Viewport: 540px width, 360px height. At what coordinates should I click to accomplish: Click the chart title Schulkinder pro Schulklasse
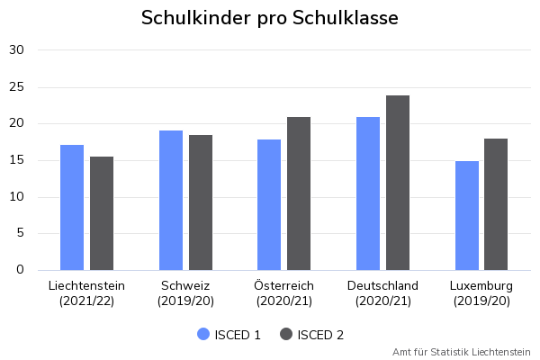click(269, 18)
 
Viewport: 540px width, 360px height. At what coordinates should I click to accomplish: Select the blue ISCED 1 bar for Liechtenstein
click(72, 207)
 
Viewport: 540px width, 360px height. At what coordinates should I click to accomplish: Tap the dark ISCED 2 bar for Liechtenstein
click(102, 213)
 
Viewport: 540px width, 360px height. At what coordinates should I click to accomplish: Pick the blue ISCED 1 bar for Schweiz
click(171, 200)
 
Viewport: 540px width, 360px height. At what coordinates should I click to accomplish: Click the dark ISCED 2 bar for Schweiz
click(201, 202)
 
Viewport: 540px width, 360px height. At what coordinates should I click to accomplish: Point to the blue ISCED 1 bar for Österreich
click(269, 204)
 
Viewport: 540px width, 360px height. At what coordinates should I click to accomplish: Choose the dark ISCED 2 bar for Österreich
click(299, 193)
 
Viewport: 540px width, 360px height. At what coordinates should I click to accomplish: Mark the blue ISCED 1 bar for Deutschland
click(368, 193)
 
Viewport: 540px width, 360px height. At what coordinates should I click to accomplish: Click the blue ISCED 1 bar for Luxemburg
click(466, 215)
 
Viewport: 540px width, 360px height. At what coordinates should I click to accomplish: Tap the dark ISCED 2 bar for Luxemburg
click(496, 204)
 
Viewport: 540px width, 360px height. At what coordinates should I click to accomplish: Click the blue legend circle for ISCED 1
click(203, 335)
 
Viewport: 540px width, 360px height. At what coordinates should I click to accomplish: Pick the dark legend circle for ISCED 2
click(287, 335)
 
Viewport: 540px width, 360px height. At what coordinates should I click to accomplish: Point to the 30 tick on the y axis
click(17, 50)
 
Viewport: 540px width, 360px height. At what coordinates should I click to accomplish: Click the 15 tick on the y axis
click(17, 160)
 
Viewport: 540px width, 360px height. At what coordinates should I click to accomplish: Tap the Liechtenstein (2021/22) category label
click(86, 293)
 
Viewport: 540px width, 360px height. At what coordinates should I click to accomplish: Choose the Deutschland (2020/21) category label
click(382, 293)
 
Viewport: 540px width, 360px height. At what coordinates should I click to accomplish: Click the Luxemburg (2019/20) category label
click(481, 293)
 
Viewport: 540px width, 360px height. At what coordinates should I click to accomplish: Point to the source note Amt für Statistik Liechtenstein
click(462, 352)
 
